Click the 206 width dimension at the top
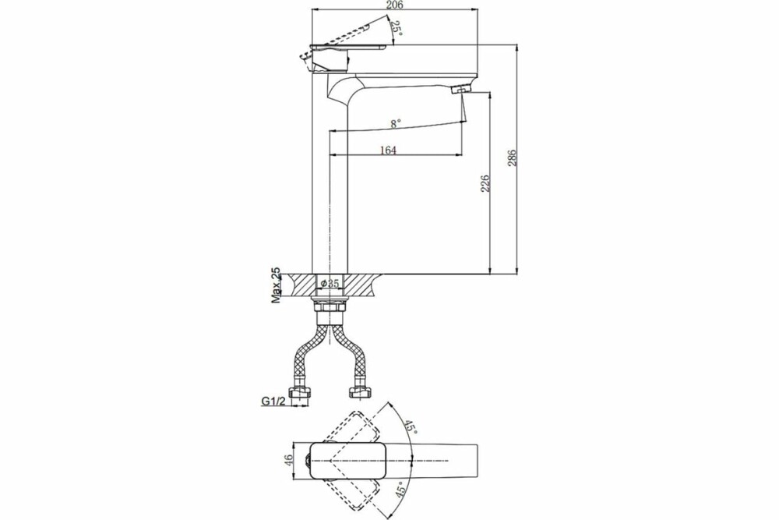point(393,5)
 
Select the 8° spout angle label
point(395,124)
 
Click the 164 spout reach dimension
point(388,150)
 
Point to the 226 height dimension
point(485,183)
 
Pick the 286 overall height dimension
point(513,158)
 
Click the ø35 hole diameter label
point(330,283)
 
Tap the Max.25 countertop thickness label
point(277,285)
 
